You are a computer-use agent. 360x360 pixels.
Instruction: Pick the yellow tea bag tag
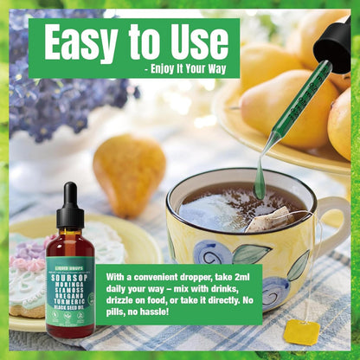coord(302,331)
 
